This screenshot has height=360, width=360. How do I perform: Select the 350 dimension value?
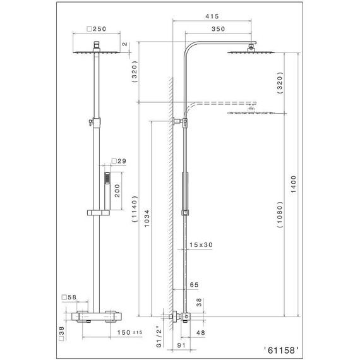219,29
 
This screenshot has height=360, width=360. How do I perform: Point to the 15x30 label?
200,245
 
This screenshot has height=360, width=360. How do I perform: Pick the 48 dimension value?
201,332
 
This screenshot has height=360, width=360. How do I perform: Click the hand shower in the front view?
107,181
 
